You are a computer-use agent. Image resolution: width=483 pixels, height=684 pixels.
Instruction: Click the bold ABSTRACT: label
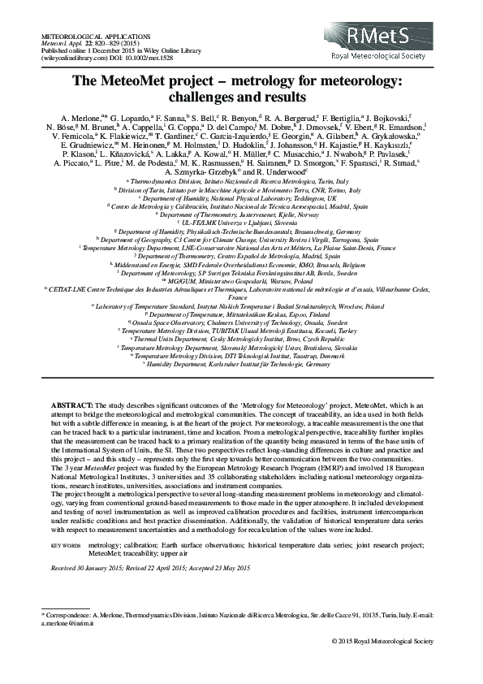point(72,404)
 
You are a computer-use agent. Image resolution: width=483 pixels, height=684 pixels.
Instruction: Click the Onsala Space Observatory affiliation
point(242,323)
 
